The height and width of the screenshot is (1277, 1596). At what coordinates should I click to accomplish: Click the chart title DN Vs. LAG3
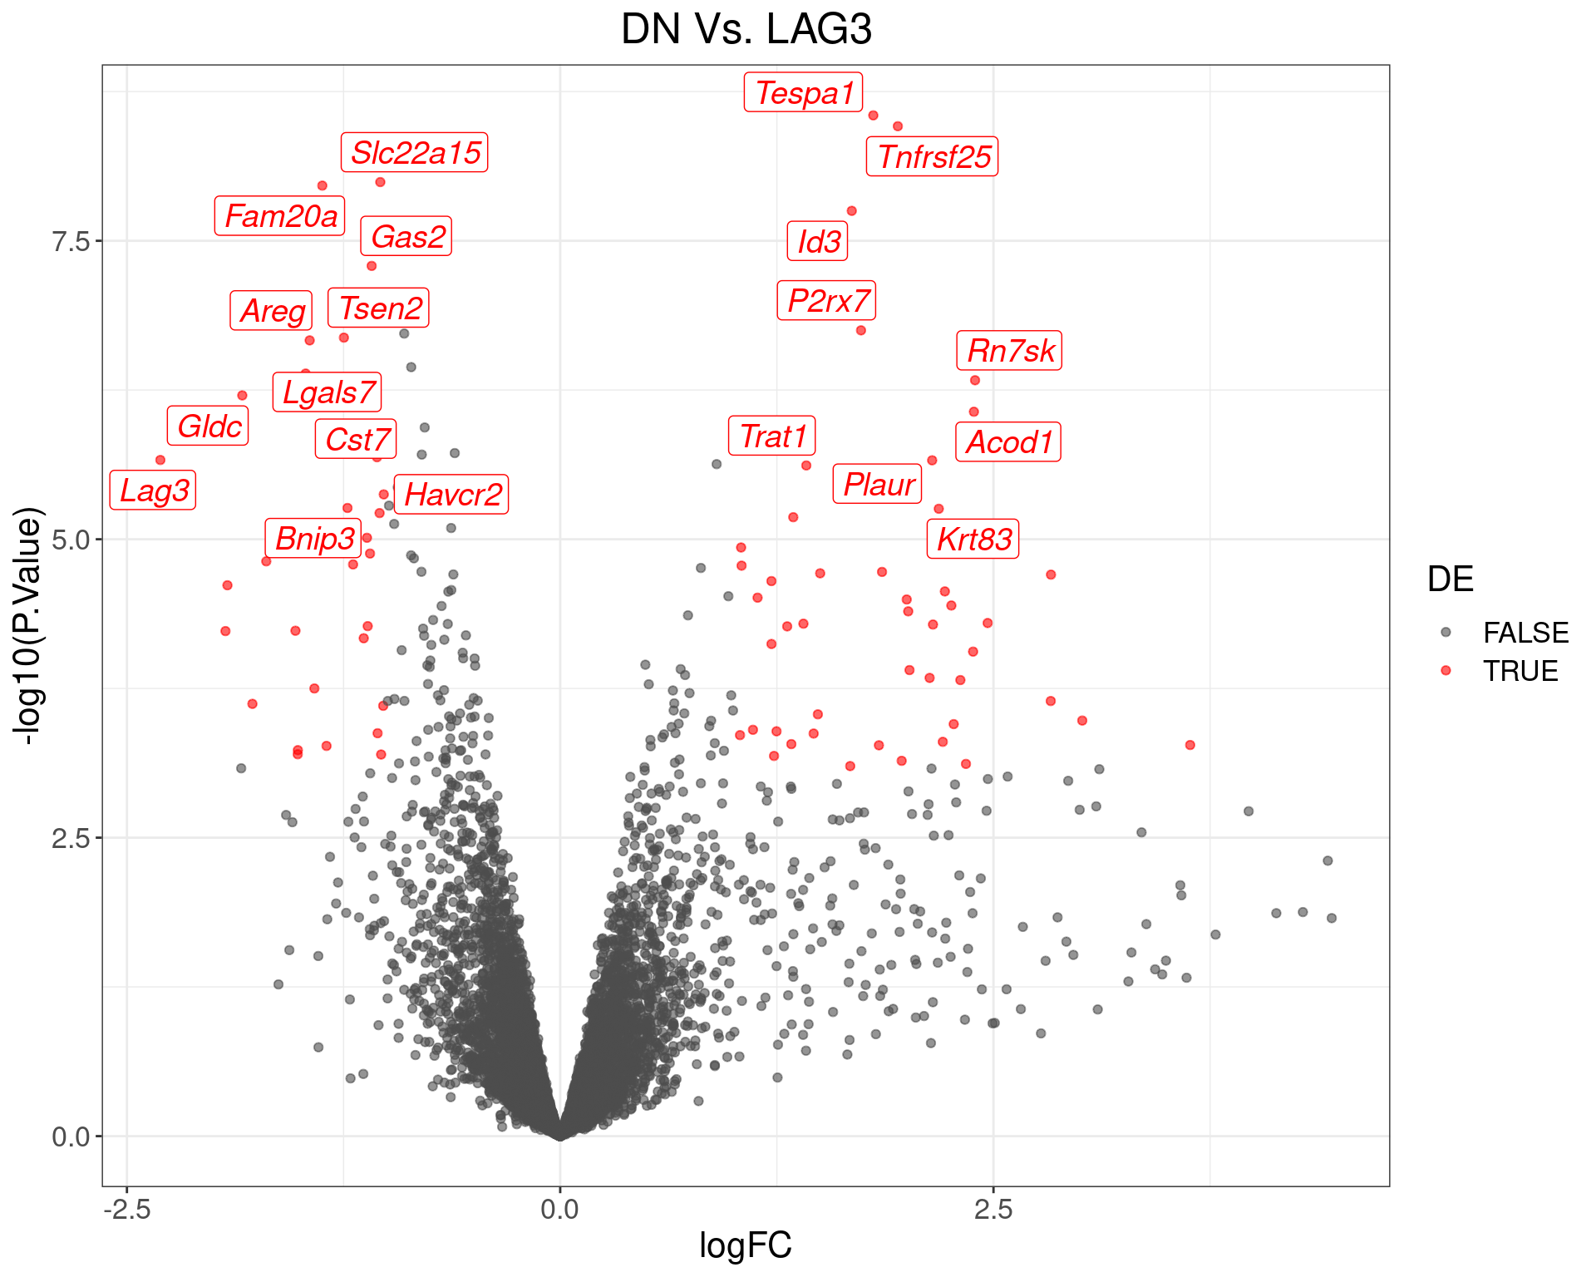pos(746,30)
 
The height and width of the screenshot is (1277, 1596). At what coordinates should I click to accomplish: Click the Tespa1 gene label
pos(803,92)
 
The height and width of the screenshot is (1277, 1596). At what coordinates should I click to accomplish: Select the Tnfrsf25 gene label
pos(933,156)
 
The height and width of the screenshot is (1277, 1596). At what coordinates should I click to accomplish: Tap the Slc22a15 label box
pos(414,152)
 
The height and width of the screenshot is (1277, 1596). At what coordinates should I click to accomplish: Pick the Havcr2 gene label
pos(451,495)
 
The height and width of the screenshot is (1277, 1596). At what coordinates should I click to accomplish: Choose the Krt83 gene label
pos(973,539)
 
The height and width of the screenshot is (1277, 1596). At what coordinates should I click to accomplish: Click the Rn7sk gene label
pos(1009,350)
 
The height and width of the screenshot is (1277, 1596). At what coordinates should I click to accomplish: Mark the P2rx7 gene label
pos(826,300)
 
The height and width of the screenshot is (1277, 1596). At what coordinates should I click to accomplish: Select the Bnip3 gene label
pos(313,538)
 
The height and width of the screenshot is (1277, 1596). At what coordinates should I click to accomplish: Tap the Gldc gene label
pos(208,426)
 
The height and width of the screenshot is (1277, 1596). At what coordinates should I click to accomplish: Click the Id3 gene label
pos(818,241)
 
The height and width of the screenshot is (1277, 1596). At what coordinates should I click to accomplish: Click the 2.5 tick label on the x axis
pos(993,1209)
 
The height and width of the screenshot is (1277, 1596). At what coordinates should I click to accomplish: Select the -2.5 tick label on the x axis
pos(126,1209)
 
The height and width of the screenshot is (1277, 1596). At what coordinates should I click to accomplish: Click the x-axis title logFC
pos(746,1245)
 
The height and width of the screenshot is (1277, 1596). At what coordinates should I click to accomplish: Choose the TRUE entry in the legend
pos(1520,671)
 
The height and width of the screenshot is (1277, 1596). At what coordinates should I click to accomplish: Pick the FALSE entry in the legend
pos(1525,633)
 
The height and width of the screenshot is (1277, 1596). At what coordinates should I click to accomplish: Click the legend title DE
pos(1450,579)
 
